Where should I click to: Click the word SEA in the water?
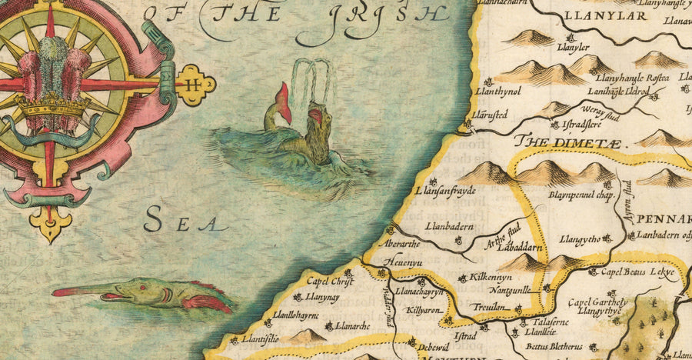pyautogui.click(x=185, y=222)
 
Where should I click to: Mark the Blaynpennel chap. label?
pyautogui.click(x=583, y=196)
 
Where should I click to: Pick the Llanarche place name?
pyautogui.click(x=353, y=326)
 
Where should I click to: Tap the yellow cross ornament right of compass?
pyautogui.click(x=195, y=84)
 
